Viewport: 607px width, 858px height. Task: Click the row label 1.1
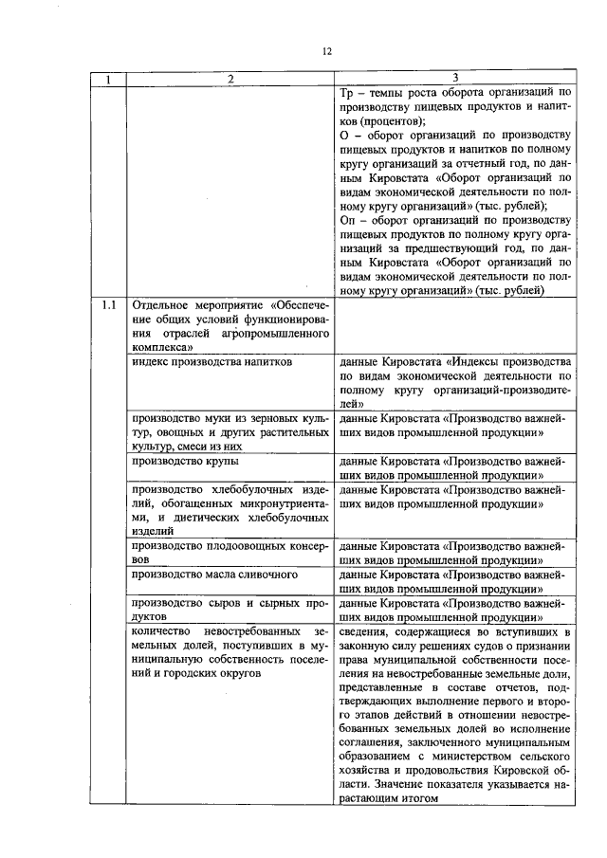point(107,306)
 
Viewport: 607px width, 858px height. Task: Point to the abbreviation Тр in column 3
point(345,93)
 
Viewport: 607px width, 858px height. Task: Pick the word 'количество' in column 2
point(164,630)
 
